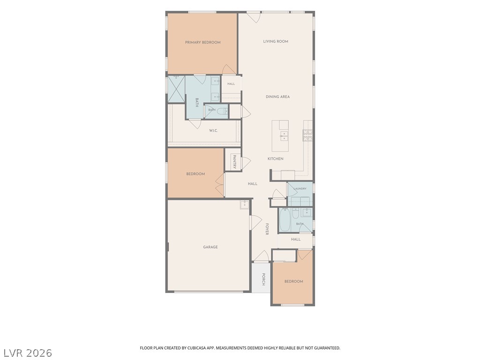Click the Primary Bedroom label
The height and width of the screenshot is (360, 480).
click(202, 43)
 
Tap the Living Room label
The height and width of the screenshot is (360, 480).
click(276, 41)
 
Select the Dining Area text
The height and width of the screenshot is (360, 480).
click(277, 97)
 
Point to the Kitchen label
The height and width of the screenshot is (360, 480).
click(276, 159)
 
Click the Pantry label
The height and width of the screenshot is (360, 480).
click(234, 162)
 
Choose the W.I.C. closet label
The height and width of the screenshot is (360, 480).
click(213, 131)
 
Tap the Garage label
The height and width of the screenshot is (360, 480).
click(210, 247)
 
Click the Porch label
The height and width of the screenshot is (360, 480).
click(263, 279)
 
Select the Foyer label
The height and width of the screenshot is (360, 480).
click(267, 229)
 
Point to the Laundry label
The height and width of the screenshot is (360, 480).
click(300, 188)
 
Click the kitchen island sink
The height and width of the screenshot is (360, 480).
click(284, 136)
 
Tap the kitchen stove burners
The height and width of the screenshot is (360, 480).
click(307, 135)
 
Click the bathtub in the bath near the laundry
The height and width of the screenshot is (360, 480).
click(285, 220)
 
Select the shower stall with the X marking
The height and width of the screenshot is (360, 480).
click(176, 89)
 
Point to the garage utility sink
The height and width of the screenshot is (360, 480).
click(245, 205)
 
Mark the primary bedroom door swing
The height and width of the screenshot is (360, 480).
click(229, 69)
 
